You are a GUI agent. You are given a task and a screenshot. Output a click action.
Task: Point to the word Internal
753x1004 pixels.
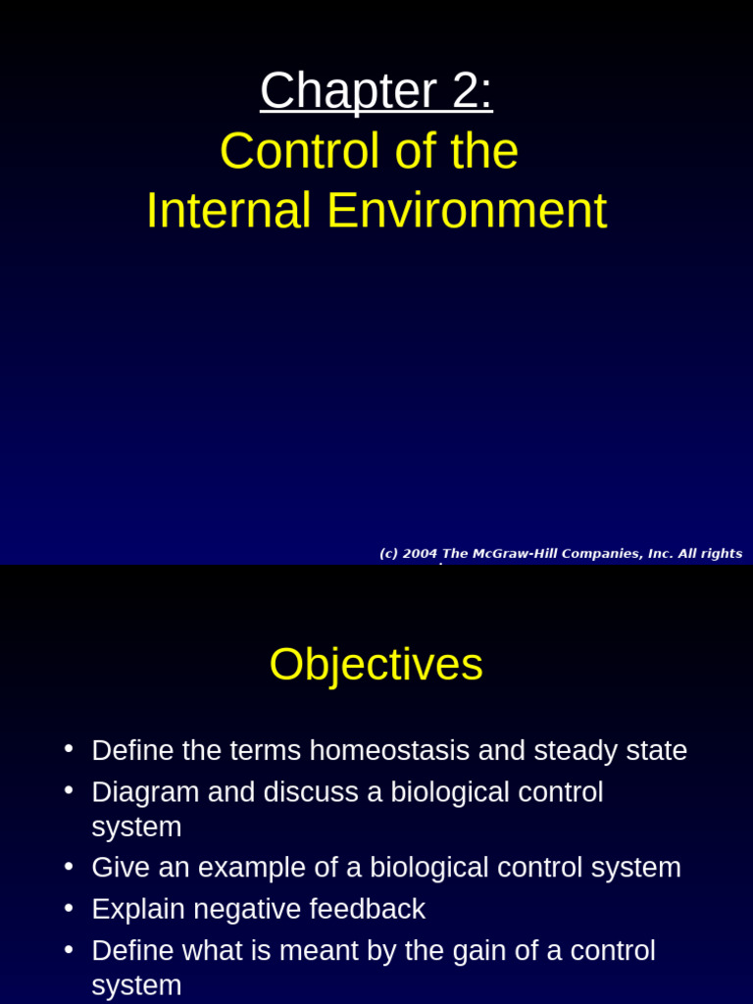click(x=228, y=211)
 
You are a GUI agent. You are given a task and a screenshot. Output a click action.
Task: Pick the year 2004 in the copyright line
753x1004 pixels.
click(x=420, y=554)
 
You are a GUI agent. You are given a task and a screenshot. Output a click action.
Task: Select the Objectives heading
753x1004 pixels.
click(x=376, y=665)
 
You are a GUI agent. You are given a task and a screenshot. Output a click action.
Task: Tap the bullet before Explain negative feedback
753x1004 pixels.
click(x=69, y=908)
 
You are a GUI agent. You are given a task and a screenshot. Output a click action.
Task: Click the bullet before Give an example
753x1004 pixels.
click(x=69, y=867)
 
